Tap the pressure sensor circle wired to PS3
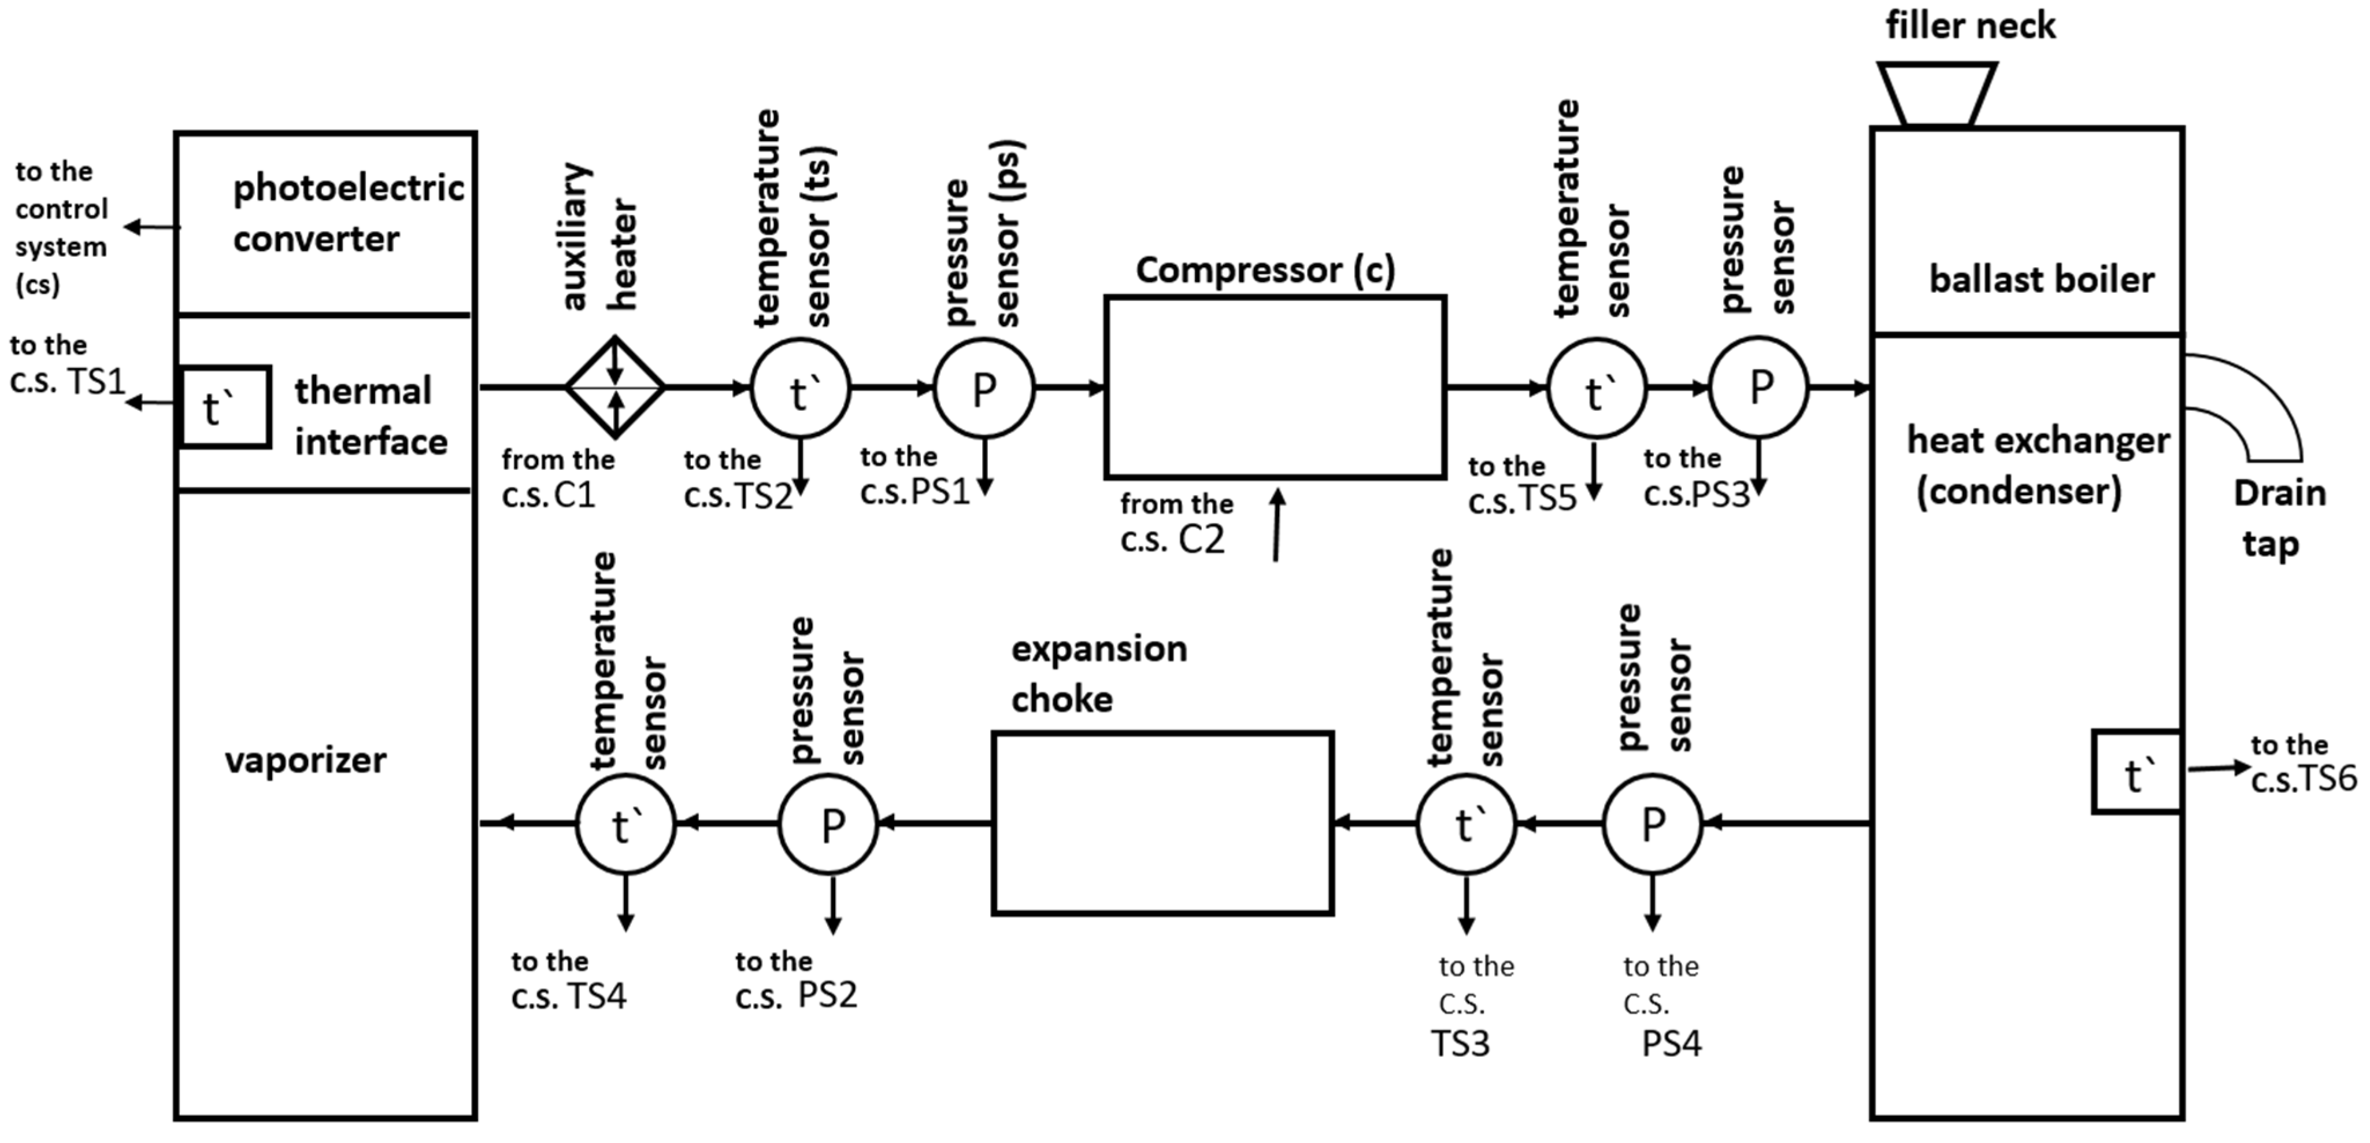(1759, 388)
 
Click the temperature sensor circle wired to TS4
(625, 824)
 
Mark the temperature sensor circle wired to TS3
(1465, 824)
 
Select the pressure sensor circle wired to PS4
(1653, 824)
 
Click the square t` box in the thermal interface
(225, 407)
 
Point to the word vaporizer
(305, 760)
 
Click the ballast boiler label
(2041, 279)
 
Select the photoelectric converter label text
(348, 213)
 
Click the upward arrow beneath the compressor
(1277, 525)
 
